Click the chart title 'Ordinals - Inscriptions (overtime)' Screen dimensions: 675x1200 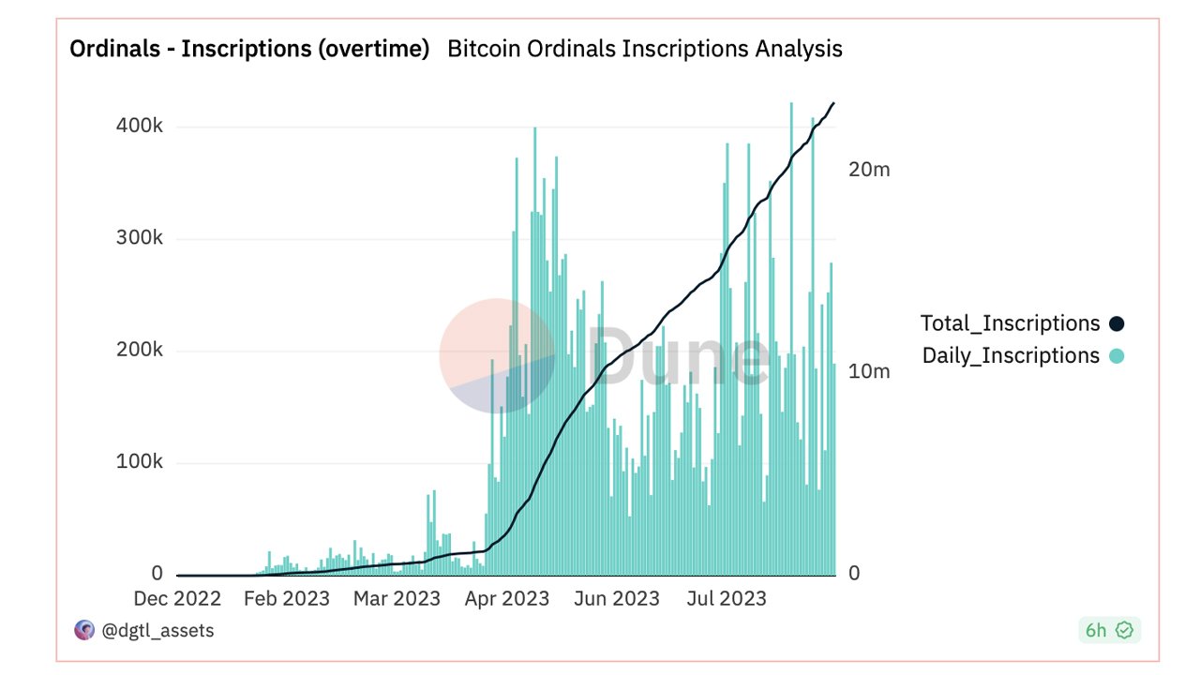pyautogui.click(x=249, y=49)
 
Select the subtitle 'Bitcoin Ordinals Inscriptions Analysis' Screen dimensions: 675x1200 pyautogui.click(x=645, y=49)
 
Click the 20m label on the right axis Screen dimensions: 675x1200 pyautogui.click(x=868, y=170)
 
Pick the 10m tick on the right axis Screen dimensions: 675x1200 pyautogui.click(x=868, y=371)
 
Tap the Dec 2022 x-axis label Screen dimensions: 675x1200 pyautogui.click(x=177, y=598)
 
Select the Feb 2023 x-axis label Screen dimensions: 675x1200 pyautogui.click(x=287, y=598)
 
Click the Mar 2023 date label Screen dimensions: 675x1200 pyautogui.click(x=397, y=598)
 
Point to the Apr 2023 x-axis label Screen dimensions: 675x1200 pyautogui.click(x=506, y=598)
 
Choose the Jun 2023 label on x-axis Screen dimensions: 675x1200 pyautogui.click(x=616, y=598)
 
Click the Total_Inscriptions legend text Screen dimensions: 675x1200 pyautogui.click(x=1010, y=323)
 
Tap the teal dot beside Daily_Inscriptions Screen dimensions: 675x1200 pyautogui.click(x=1117, y=356)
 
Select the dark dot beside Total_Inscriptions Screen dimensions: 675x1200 pyautogui.click(x=1117, y=324)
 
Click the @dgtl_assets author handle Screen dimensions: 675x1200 pyautogui.click(x=157, y=631)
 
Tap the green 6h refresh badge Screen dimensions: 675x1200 pyautogui.click(x=1109, y=631)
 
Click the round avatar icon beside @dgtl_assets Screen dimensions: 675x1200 pyautogui.click(x=84, y=630)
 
